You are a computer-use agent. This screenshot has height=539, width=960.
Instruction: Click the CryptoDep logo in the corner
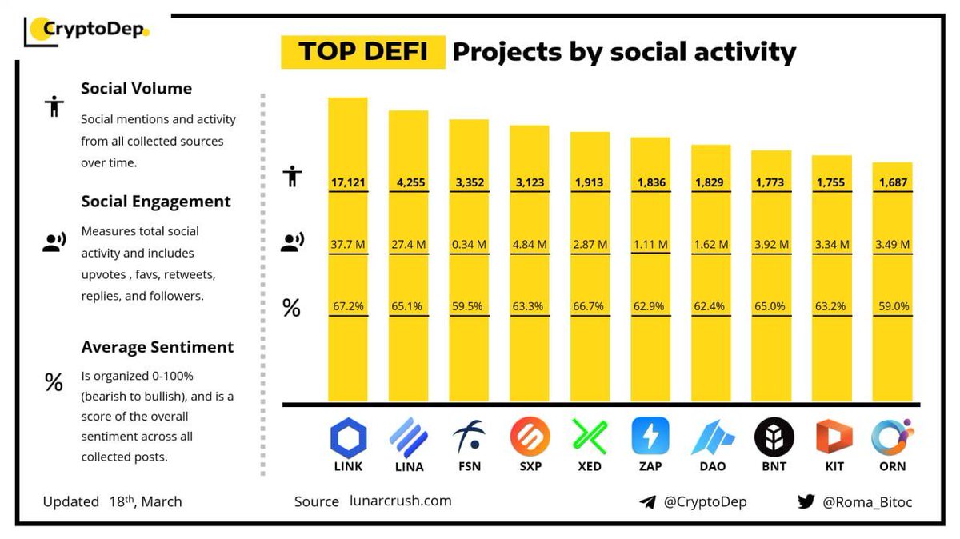pos(86,30)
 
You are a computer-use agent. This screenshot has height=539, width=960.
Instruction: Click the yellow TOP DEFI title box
pos(362,52)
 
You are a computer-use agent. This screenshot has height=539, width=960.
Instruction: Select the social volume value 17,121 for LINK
pos(348,182)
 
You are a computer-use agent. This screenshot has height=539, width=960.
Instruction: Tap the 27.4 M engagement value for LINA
pos(408,244)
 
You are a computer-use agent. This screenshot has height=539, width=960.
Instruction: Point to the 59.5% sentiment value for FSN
pos(469,305)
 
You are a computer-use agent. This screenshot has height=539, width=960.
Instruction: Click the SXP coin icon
pos(530,437)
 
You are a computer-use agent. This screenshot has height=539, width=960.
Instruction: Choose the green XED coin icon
pos(590,437)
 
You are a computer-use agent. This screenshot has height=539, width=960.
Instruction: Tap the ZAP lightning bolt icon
pos(650,437)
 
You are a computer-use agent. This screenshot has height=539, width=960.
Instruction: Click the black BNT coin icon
pos(774,437)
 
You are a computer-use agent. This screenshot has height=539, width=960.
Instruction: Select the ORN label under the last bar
pos(893,465)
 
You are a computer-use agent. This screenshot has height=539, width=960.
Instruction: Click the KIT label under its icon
pos(833,465)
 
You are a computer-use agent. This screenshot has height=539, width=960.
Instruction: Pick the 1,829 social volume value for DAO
pos(711,182)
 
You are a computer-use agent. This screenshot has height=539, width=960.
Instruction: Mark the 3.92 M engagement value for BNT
pos(772,244)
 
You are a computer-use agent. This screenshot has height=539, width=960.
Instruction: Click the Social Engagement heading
pos(155,202)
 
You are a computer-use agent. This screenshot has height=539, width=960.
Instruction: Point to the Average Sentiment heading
pos(157,347)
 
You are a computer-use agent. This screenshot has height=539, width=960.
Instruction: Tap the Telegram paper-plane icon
pos(648,502)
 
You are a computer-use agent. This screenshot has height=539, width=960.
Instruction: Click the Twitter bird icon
pos(806,502)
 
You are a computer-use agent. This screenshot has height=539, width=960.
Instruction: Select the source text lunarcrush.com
pos(400,501)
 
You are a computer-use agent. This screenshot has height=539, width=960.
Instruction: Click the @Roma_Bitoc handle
pos(867,502)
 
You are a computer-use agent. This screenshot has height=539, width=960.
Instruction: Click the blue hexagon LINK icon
pos(348,437)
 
